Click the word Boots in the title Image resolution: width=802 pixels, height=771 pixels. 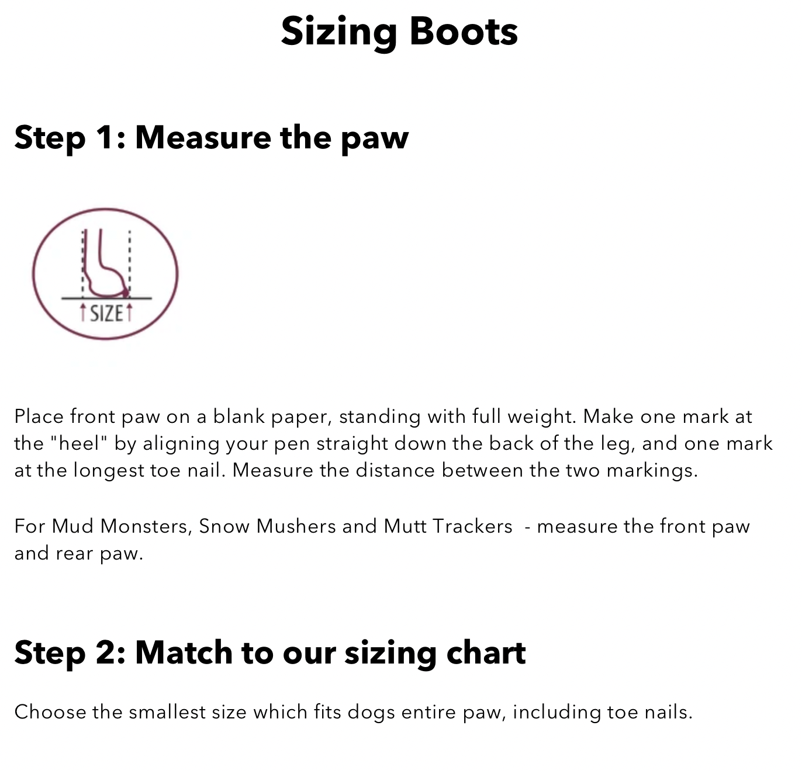coord(463,32)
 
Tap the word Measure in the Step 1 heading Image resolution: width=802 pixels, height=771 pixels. coord(203,137)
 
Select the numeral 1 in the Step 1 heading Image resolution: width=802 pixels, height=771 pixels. coord(104,137)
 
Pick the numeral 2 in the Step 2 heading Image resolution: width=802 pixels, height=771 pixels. coord(105,652)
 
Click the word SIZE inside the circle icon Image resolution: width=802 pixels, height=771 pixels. coord(106,314)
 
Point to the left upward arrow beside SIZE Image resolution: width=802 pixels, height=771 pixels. coord(83,312)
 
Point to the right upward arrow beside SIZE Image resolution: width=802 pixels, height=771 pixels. coord(129,312)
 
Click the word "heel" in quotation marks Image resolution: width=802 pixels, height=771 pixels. coord(79,443)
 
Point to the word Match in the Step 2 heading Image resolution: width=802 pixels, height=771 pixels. coord(184,652)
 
